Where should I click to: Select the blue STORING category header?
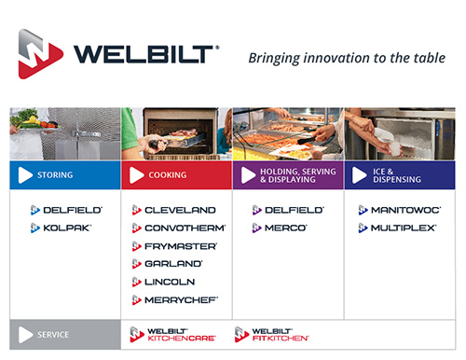65,174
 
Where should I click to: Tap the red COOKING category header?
176,174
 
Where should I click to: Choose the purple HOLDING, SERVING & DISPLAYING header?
288,174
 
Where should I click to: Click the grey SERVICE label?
65,334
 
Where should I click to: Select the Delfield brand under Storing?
66,210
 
